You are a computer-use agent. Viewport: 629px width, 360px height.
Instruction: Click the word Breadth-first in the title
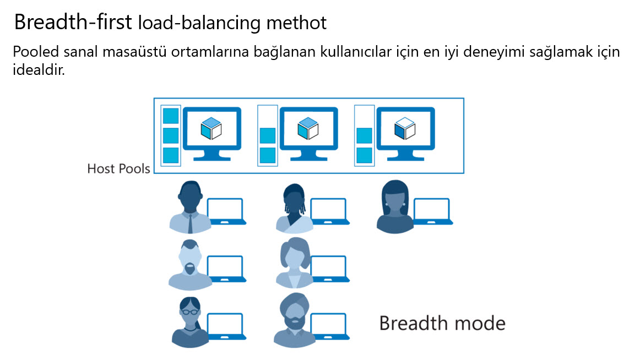(73, 22)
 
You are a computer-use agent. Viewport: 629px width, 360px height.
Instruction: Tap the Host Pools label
(118, 168)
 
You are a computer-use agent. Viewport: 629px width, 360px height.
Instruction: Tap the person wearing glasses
(188, 322)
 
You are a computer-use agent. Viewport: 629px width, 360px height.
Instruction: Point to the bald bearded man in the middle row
(188, 265)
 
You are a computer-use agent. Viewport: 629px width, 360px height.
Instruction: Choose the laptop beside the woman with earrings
(432, 211)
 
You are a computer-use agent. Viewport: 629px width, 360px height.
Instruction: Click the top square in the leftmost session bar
(171, 116)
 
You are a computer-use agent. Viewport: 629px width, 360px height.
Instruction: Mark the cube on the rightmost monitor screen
(404, 129)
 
